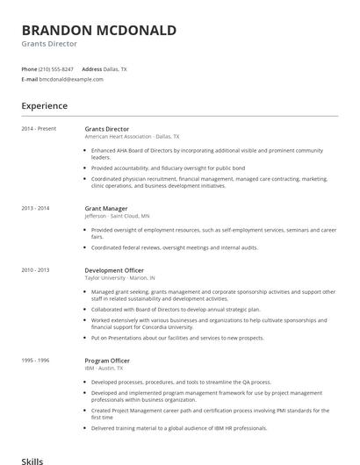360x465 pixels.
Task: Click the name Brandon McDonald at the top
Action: pyautogui.click(x=98, y=30)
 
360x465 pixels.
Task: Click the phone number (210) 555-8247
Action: pyautogui.click(x=57, y=68)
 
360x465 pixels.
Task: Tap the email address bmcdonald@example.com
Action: pyautogui.click(x=71, y=79)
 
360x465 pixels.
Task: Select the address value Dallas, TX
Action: pyautogui.click(x=116, y=68)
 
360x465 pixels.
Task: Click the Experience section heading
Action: pyautogui.click(x=44, y=106)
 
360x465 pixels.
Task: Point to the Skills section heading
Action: pyautogui.click(x=32, y=460)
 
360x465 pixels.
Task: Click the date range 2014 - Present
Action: pyautogui.click(x=39, y=129)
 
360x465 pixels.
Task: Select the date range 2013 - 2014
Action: pyautogui.click(x=35, y=208)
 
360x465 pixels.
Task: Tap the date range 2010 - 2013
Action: pyautogui.click(x=35, y=270)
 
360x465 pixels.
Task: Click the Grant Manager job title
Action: pyautogui.click(x=105, y=208)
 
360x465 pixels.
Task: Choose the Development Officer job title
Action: pyautogui.click(x=114, y=270)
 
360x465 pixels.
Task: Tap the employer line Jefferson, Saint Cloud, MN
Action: pyautogui.click(x=117, y=215)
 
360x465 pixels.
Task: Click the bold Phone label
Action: pyautogui.click(x=29, y=68)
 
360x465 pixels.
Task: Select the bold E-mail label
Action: pyautogui.click(x=29, y=79)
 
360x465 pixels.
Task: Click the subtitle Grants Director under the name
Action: pyautogui.click(x=49, y=44)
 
